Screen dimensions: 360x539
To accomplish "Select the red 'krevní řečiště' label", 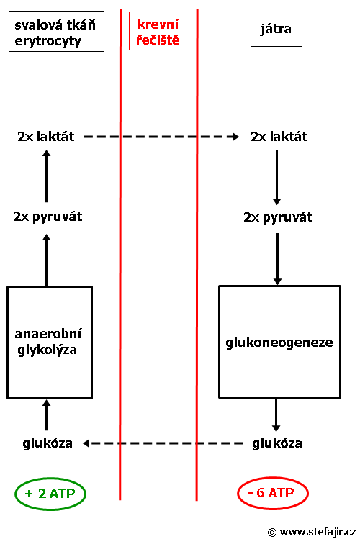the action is (158, 31).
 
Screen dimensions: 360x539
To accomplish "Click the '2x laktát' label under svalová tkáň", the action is (46, 137).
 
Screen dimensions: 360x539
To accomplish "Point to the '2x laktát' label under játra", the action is (279, 137).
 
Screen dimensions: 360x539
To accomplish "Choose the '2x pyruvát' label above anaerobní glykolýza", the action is (48, 217).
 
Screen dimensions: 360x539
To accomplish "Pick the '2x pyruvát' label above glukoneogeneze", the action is (278, 217).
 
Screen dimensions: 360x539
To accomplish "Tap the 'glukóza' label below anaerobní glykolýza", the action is (48, 443).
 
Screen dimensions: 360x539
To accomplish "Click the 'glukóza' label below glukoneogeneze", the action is (277, 443).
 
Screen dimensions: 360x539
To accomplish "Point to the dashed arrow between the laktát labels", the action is (161, 137).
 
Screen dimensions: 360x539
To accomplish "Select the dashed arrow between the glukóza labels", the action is (163, 443).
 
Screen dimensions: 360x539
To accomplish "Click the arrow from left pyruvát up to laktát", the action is (46, 176).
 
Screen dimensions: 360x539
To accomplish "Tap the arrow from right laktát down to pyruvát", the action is (276, 178).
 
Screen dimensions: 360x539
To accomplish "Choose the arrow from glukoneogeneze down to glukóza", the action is (276, 415).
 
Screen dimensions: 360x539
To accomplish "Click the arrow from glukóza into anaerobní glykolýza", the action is (46, 415).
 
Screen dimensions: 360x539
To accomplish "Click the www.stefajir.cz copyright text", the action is (312, 532).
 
